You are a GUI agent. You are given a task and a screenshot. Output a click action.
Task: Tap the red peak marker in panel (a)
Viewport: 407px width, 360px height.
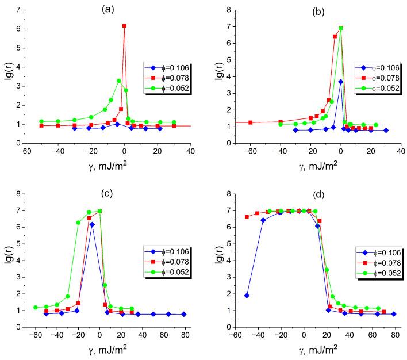[x=124, y=26]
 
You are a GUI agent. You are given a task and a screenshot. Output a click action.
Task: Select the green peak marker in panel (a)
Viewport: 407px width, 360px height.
[x=119, y=81]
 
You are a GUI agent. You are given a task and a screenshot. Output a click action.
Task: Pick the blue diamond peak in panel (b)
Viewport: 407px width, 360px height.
[x=340, y=82]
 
